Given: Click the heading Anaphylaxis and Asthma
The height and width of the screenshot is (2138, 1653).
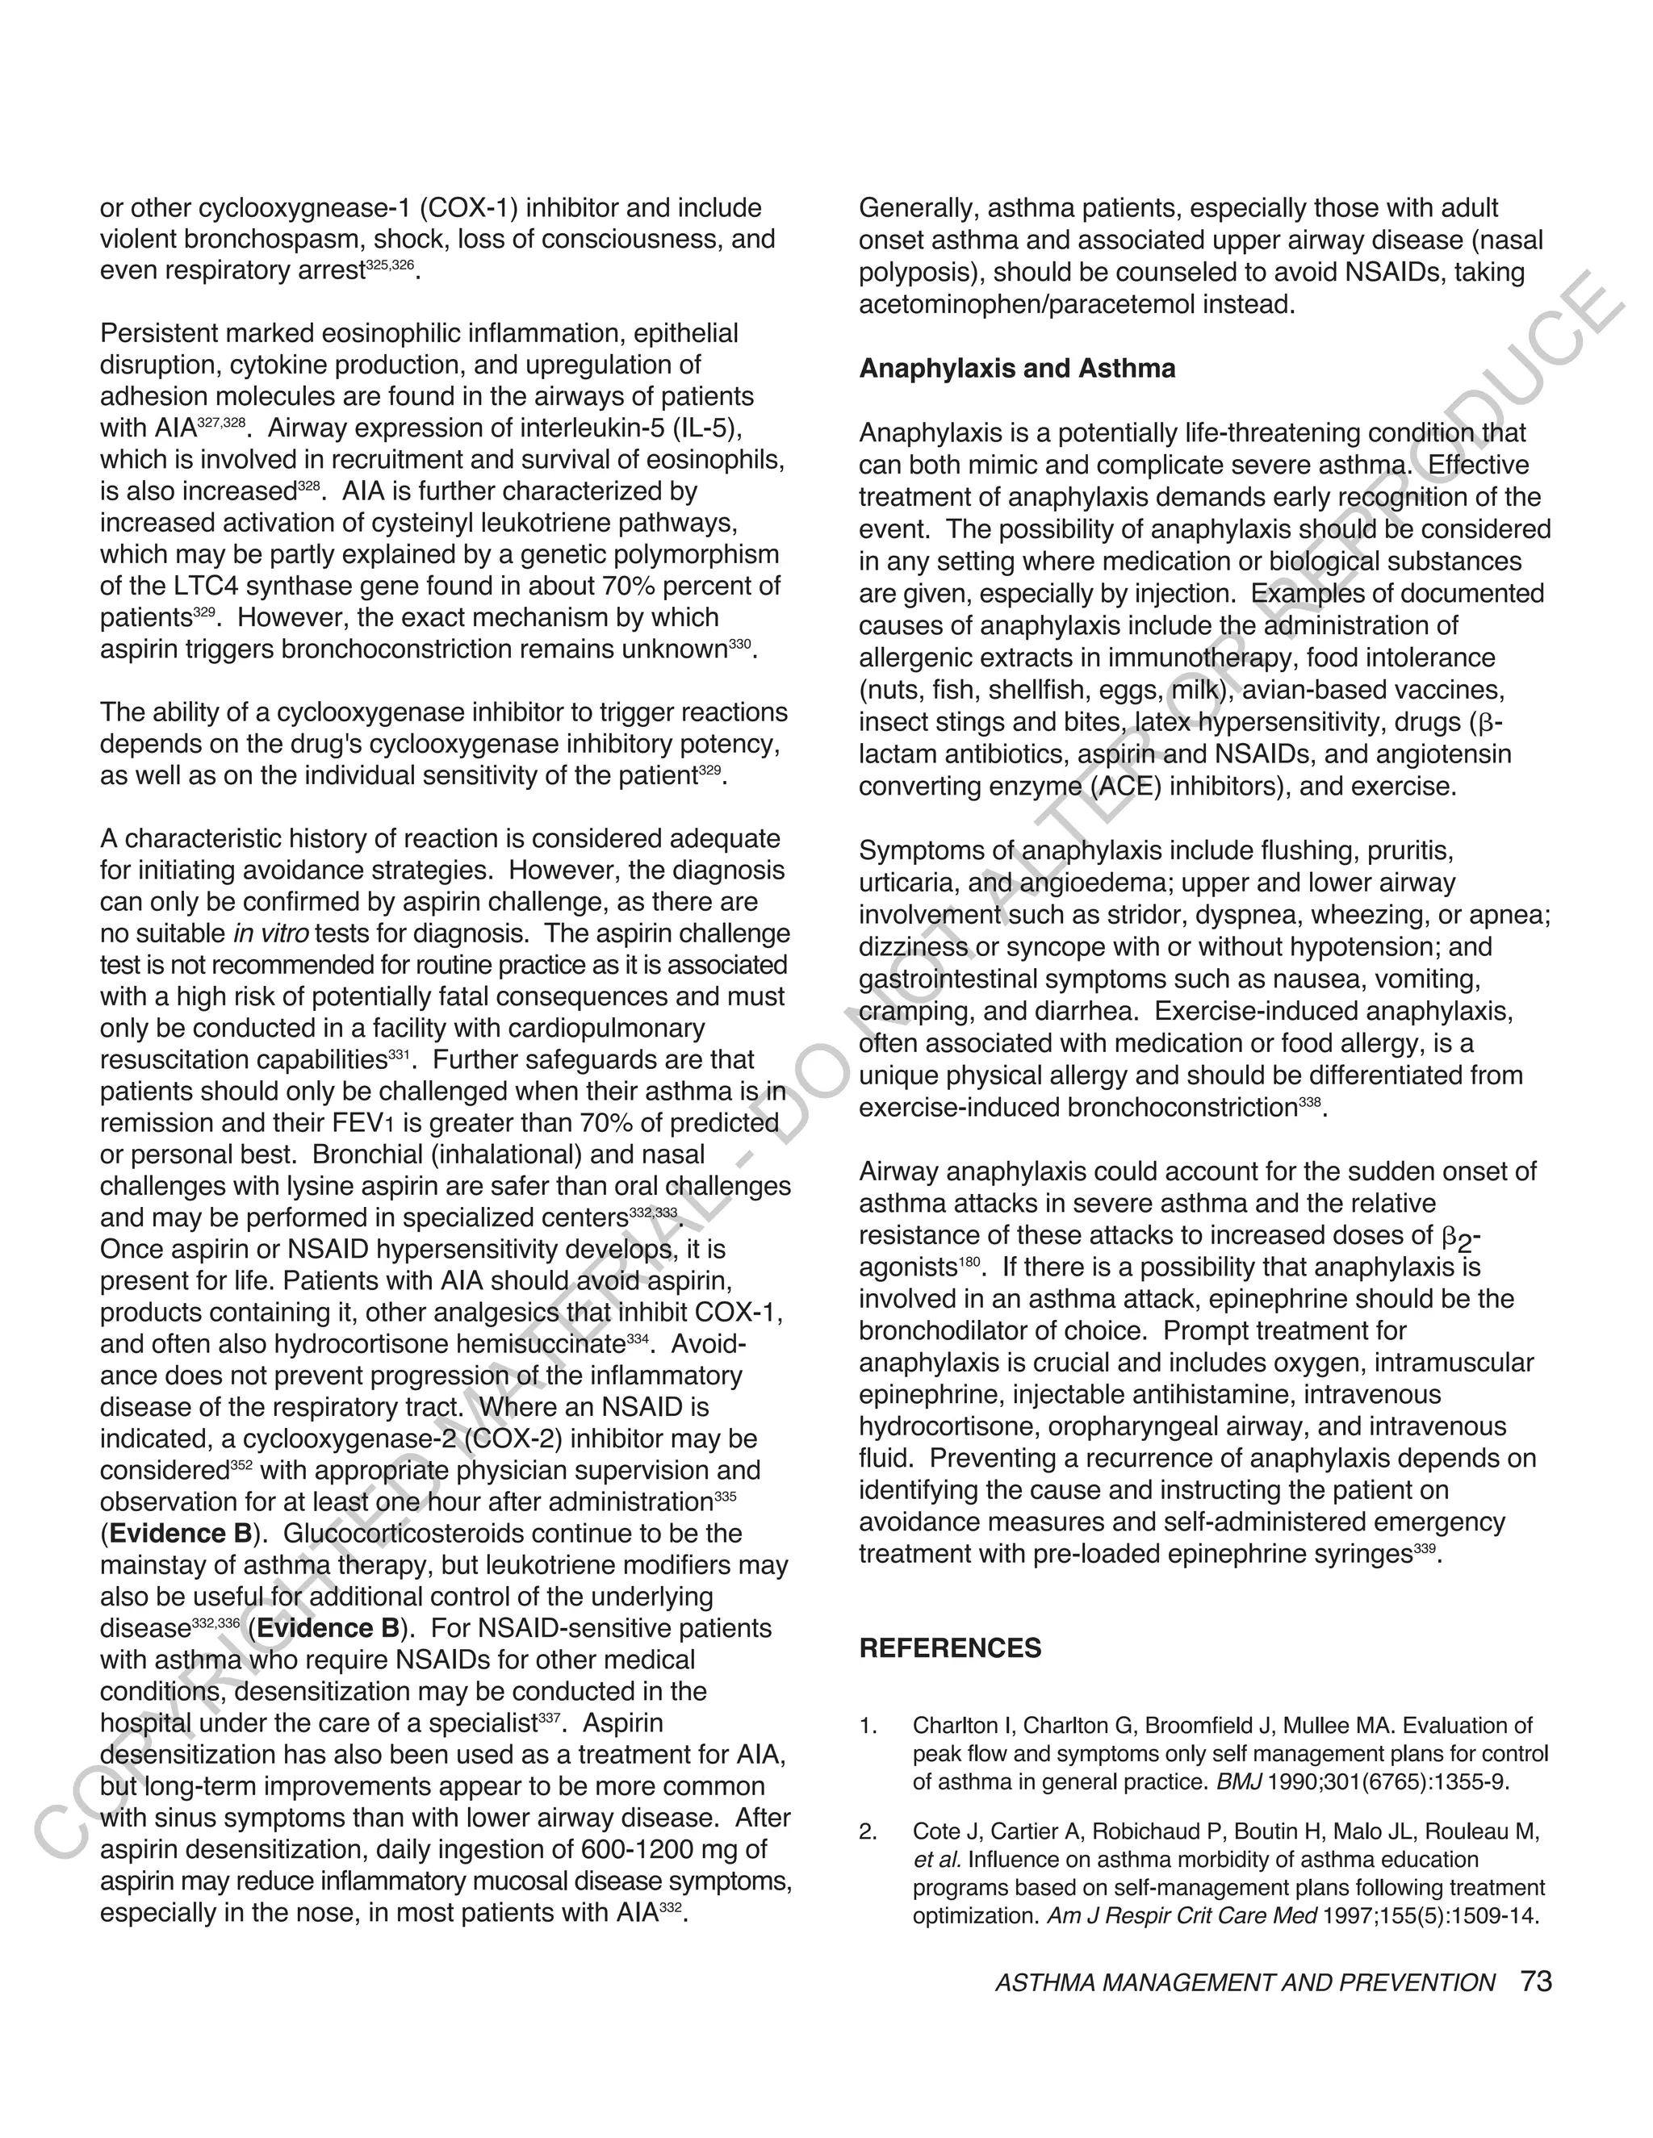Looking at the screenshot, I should [1016, 369].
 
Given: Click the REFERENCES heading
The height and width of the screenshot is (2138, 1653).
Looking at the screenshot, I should [950, 1648].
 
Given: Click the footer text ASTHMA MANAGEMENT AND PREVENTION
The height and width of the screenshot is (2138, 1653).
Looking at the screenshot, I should [1245, 1983].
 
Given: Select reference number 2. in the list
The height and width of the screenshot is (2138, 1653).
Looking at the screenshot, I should [868, 1831].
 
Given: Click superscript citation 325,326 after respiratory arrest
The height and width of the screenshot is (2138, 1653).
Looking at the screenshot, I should [390, 265].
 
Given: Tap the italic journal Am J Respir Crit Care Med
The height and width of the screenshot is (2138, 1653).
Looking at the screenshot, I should [1182, 1916].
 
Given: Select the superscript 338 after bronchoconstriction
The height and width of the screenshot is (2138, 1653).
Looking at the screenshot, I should [1310, 1102].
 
